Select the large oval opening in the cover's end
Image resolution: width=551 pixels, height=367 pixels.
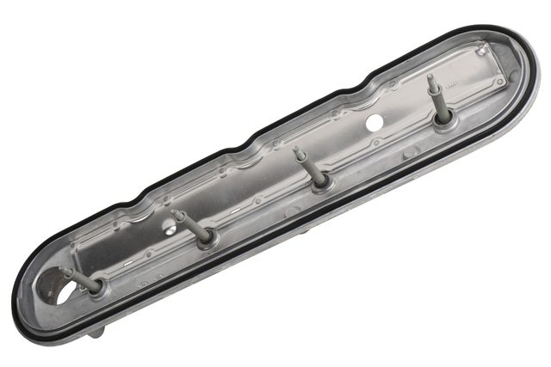tap(57, 291)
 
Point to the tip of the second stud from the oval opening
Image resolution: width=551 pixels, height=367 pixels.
tap(176, 212)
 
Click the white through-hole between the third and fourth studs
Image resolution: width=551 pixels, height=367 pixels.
tap(375, 123)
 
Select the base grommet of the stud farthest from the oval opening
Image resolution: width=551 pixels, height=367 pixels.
tap(444, 117)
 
